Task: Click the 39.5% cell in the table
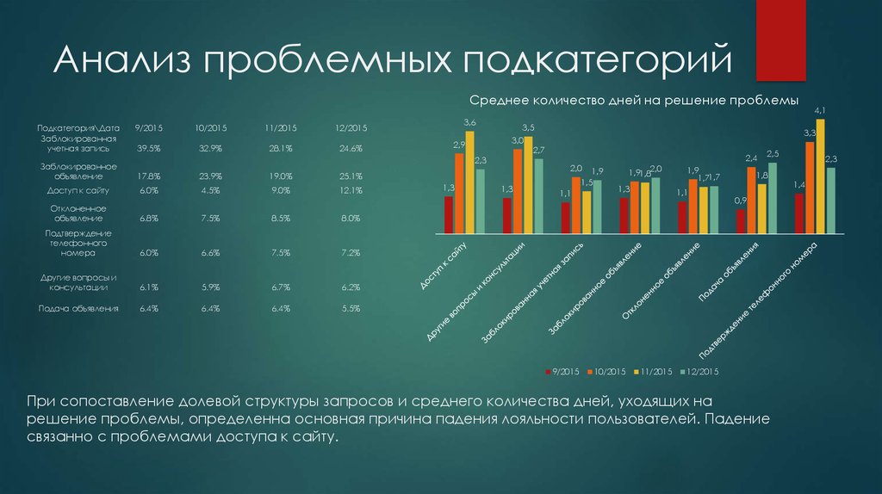[x=149, y=149]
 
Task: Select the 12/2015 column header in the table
[x=351, y=128]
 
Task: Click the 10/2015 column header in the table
[x=210, y=128]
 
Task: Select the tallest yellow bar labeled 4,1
[x=820, y=176]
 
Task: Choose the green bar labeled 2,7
[x=538, y=196]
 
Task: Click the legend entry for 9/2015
[x=563, y=372]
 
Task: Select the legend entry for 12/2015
[x=699, y=372]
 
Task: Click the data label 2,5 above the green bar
[x=773, y=154]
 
